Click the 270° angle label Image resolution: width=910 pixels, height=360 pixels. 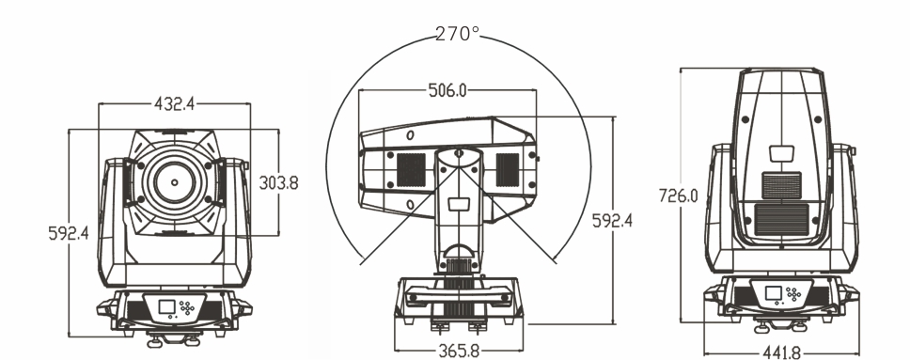tap(457, 34)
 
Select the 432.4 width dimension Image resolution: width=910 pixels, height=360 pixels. tap(174, 104)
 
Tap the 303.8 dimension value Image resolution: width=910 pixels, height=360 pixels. tap(278, 183)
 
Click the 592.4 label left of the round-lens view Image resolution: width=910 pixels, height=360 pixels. tap(69, 233)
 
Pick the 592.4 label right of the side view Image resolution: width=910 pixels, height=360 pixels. tap(612, 221)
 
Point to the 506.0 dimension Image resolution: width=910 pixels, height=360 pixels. tap(447, 90)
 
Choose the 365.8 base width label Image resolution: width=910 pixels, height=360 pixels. tap(459, 352)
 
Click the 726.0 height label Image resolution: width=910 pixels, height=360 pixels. tap(679, 196)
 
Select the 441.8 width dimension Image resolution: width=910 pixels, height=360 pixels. tap(780, 352)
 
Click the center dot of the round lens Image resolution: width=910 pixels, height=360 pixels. tap(174, 182)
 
